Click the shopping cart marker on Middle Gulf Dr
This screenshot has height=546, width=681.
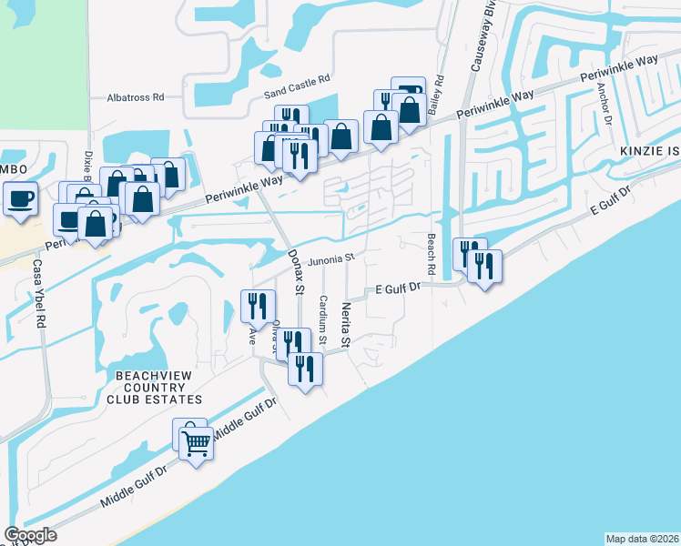(197, 443)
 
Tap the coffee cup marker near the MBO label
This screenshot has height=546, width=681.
(20, 197)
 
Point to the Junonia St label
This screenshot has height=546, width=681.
(330, 258)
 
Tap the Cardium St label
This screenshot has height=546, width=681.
(322, 318)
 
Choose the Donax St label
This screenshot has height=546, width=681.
(294, 272)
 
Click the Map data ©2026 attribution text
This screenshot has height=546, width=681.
(642, 538)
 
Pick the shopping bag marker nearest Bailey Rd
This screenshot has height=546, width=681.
(411, 108)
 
